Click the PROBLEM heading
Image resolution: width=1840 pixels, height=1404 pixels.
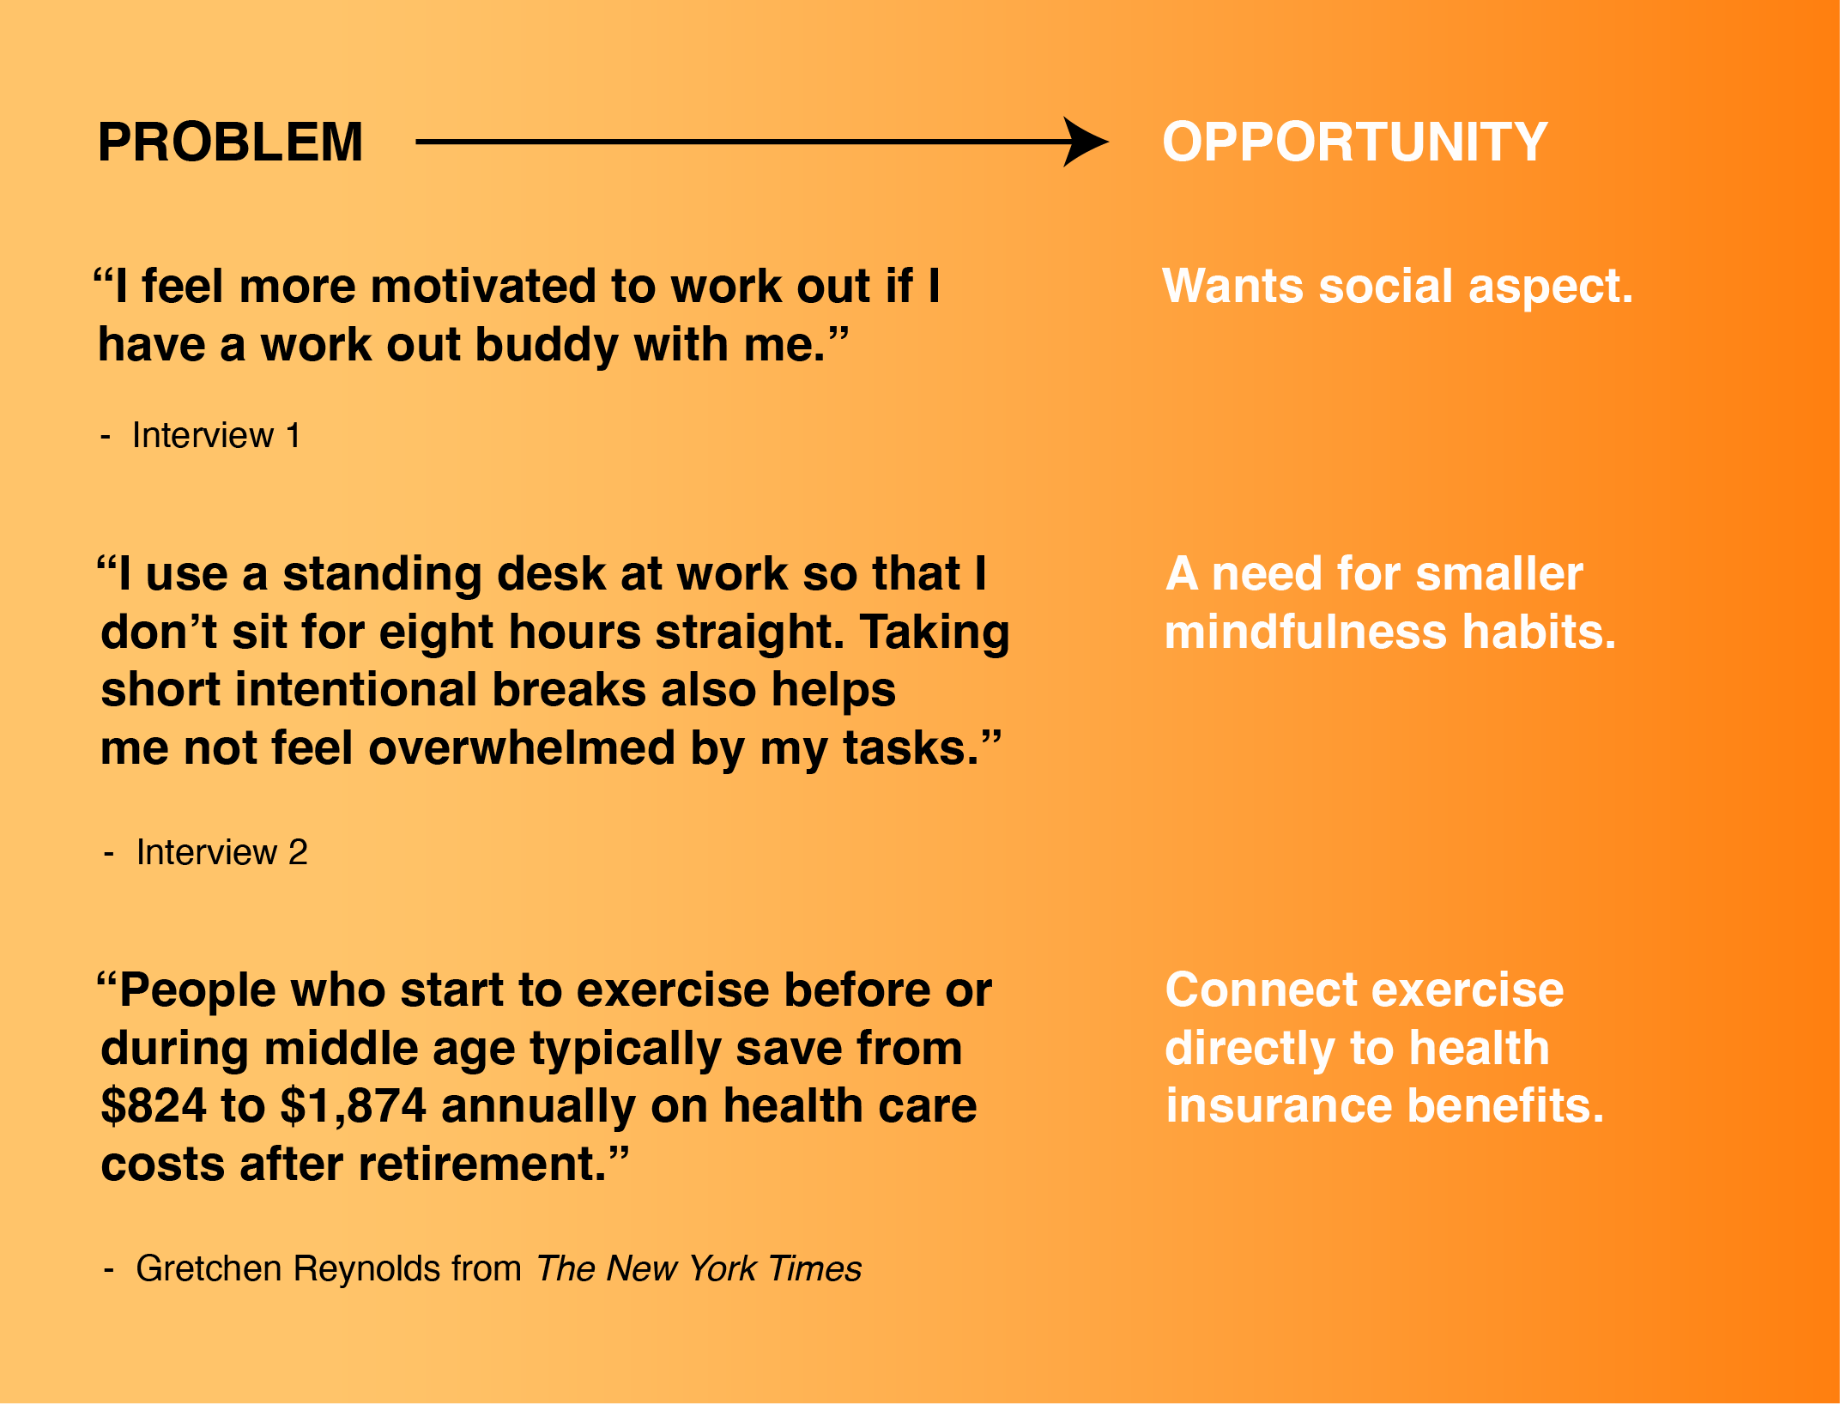coord(231,142)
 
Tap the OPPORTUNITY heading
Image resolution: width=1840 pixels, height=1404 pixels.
coord(1355,142)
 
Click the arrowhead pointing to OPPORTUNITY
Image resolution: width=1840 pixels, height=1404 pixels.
coord(1085,142)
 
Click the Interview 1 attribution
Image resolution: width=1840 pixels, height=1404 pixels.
coord(200,436)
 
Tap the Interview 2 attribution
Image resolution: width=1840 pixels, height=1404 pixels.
coord(205,853)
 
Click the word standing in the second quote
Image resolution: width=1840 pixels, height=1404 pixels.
coord(382,575)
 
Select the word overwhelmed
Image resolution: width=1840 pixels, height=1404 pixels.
coord(522,747)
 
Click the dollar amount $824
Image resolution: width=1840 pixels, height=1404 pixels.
coord(154,1105)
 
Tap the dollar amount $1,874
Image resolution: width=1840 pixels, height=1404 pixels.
coord(354,1106)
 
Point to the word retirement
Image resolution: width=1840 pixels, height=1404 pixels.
coord(483,1165)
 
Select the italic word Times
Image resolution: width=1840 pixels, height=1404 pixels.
coord(814,1269)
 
